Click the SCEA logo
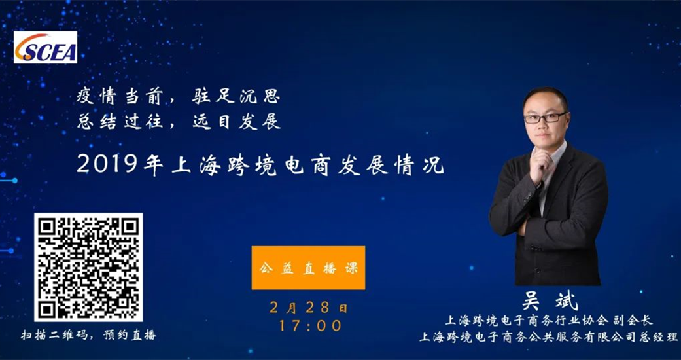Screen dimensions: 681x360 (46, 47)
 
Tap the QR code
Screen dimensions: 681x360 (88, 268)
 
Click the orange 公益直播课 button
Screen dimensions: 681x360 (308, 268)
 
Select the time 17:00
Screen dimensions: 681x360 (310, 326)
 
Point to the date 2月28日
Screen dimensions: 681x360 (308, 308)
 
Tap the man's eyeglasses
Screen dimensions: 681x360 (545, 117)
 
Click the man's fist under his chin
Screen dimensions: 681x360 (541, 164)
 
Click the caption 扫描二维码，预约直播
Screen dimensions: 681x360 (88, 335)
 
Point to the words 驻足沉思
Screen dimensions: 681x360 (236, 98)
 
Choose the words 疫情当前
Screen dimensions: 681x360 (120, 98)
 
